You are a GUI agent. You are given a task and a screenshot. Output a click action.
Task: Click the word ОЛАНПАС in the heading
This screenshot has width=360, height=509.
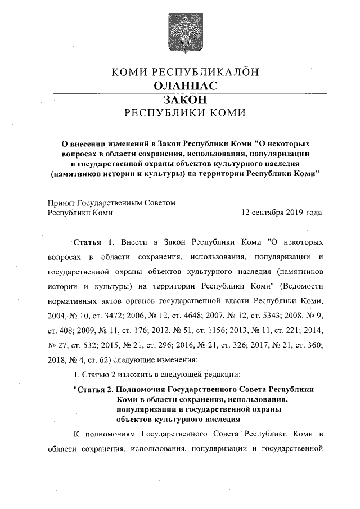pyautogui.click(x=179, y=86)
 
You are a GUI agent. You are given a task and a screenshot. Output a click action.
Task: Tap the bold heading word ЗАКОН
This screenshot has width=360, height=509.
pyautogui.click(x=179, y=100)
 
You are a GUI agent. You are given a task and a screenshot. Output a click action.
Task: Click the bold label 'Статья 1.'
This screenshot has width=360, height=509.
pyautogui.click(x=94, y=242)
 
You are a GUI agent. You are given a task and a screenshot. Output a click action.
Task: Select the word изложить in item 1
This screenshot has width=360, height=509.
pyautogui.click(x=129, y=374)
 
